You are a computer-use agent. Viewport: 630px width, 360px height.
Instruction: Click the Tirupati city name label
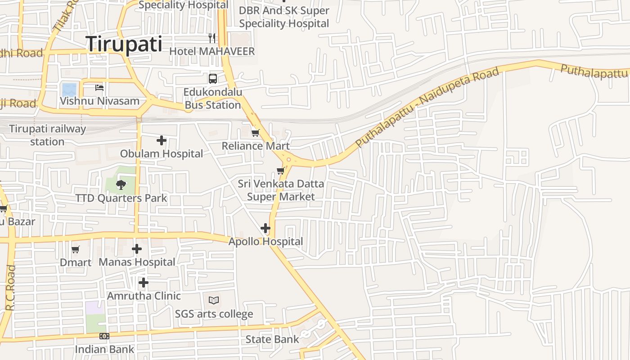124,44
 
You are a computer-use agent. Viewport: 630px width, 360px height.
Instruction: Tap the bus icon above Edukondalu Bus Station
213,79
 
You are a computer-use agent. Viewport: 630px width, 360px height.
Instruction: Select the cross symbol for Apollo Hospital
265,228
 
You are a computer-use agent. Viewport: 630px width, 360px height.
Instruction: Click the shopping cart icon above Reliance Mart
255,133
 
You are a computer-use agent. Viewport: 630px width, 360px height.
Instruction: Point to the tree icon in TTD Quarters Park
120,184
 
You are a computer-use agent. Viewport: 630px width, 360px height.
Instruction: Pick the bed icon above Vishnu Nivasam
99,87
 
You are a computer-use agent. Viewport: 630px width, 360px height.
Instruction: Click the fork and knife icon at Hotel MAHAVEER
212,38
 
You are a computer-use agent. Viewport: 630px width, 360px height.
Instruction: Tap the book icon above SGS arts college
214,300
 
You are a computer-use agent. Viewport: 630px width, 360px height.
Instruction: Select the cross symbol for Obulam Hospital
162,140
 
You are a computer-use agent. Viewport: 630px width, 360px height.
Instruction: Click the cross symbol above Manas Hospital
137,248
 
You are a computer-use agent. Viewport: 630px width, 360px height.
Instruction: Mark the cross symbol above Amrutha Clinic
144,283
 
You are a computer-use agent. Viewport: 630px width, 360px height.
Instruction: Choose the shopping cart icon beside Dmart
76,249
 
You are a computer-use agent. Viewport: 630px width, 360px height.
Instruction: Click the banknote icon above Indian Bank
104,336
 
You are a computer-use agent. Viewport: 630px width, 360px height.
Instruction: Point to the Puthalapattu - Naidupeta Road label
427,108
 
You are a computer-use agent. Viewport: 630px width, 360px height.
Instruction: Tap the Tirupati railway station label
47,135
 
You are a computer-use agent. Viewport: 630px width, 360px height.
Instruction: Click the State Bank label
272,339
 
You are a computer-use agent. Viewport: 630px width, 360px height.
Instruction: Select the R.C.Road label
11,288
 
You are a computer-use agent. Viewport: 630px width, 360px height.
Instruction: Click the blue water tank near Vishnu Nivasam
69,90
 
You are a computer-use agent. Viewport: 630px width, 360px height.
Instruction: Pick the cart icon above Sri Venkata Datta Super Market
280,171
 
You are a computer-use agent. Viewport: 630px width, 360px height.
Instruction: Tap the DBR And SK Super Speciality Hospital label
284,17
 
